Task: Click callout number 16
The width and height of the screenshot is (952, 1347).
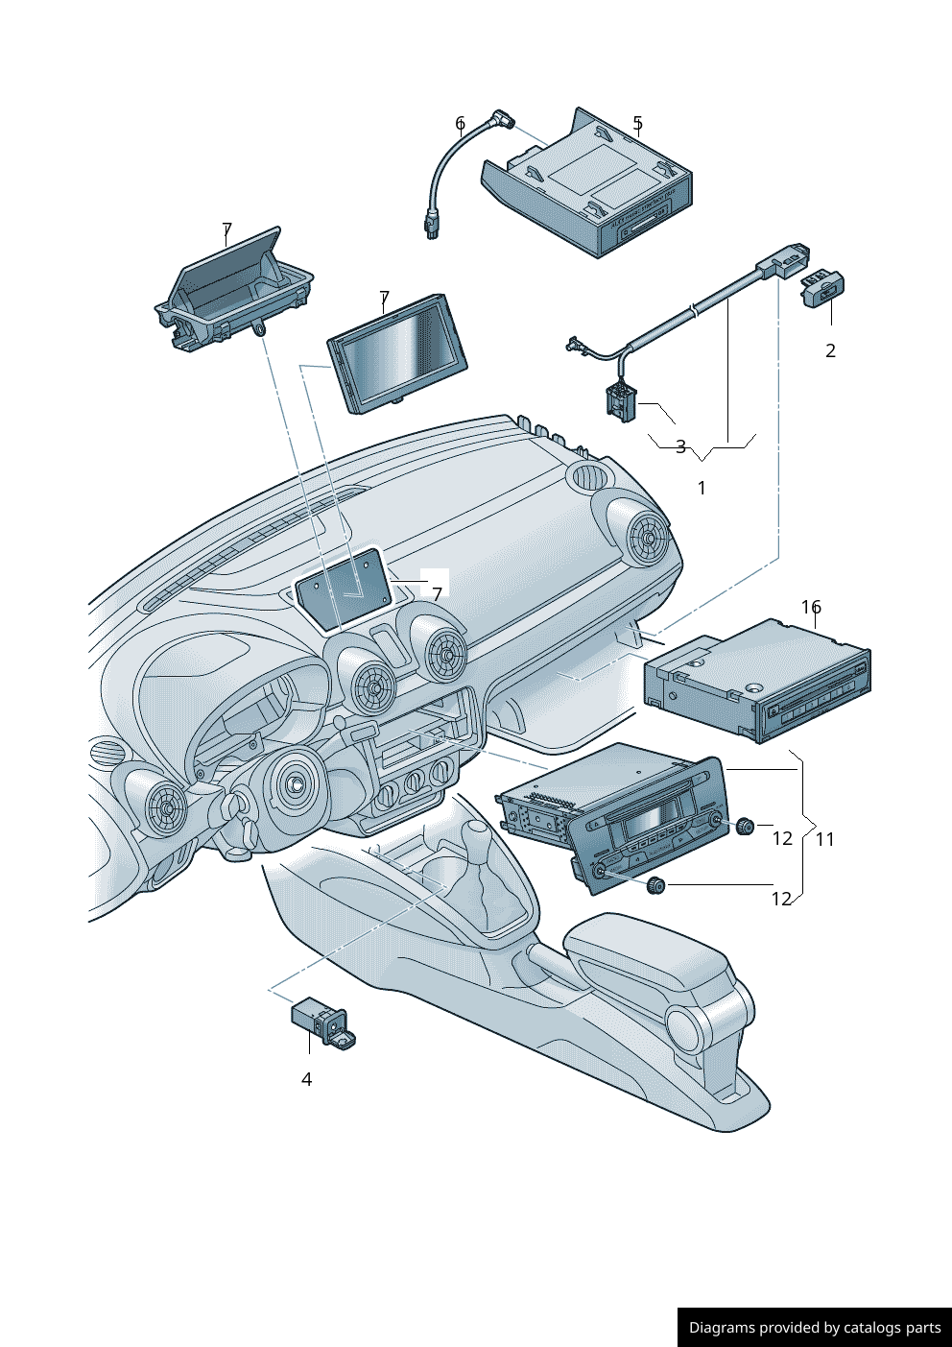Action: tap(811, 607)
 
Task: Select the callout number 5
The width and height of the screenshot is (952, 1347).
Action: tap(637, 123)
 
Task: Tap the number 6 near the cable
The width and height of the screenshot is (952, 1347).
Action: tap(461, 123)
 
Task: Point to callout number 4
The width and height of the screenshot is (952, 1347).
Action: tap(306, 1079)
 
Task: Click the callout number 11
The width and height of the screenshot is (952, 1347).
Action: tap(825, 839)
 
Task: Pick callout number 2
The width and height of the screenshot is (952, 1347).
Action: tap(830, 350)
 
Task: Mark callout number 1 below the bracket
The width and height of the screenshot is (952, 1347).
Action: tap(702, 488)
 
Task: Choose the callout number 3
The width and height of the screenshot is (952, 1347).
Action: tap(680, 446)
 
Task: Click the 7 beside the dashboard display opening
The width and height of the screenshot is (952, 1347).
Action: tap(437, 594)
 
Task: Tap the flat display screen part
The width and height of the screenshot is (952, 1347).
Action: tap(397, 353)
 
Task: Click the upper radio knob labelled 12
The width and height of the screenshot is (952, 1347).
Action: tap(745, 825)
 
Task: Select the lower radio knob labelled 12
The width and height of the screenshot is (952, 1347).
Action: tap(656, 884)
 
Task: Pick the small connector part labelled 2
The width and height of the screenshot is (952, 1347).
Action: tap(822, 287)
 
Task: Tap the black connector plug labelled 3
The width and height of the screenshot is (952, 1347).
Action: tap(619, 400)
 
